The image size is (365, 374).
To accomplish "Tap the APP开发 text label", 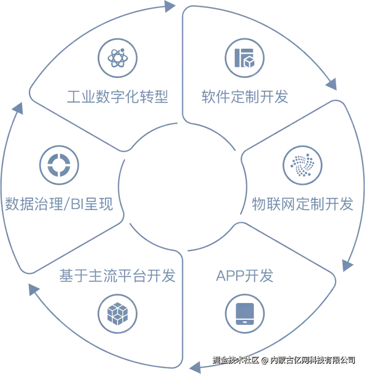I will [x=238, y=276].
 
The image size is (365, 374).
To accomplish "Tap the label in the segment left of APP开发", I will [x=117, y=276].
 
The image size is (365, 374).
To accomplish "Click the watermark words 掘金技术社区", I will [x=235, y=360].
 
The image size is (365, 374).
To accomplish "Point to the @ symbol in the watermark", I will [x=264, y=360].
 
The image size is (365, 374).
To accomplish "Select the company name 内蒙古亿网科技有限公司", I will [x=312, y=360].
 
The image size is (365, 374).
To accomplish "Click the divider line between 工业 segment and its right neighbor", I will [x=182, y=63].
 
